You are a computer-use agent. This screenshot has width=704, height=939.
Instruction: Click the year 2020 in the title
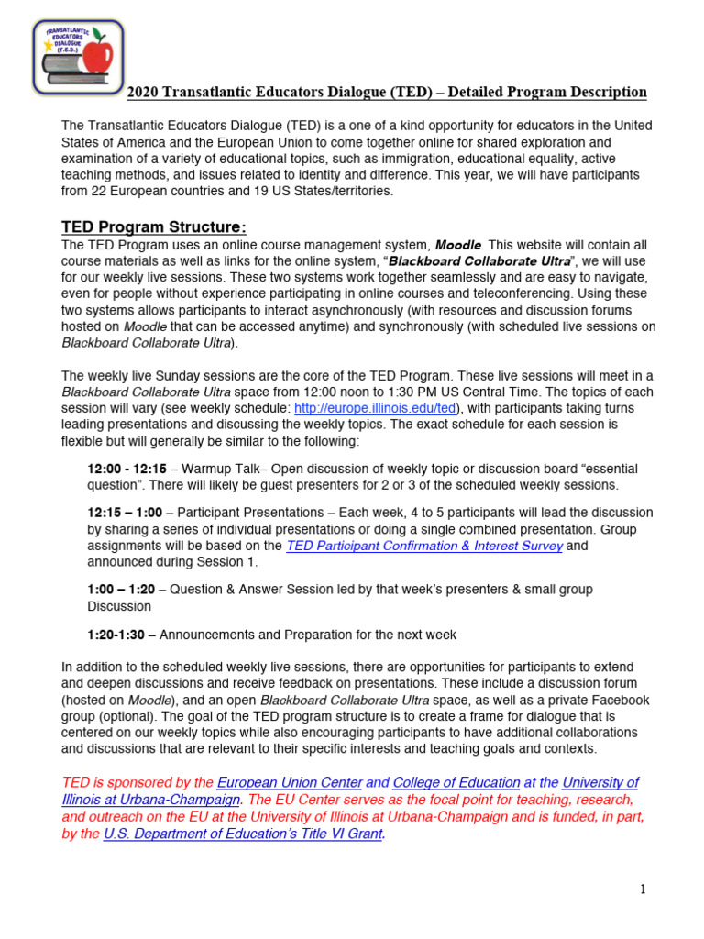click(x=142, y=93)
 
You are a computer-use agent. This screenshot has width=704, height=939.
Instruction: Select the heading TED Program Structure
click(x=154, y=226)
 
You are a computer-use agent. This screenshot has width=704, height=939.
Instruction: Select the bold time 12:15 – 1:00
click(x=125, y=513)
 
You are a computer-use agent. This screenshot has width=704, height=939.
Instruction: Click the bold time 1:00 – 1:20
click(x=121, y=590)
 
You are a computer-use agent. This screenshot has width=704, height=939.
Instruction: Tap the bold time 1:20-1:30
click(x=116, y=635)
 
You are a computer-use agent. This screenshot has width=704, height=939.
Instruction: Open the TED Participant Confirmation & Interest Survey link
click(x=424, y=546)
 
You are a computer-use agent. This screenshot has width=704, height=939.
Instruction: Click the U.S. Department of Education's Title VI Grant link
click(x=243, y=834)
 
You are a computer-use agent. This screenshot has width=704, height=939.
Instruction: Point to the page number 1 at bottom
click(x=643, y=889)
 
